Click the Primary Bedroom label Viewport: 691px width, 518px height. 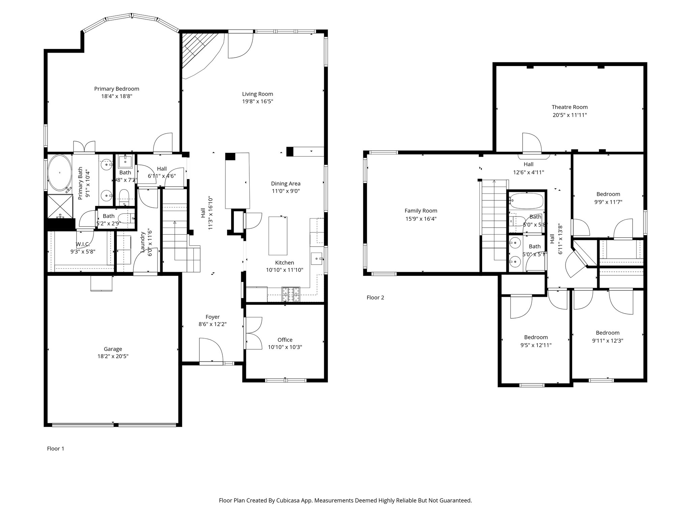click(116, 89)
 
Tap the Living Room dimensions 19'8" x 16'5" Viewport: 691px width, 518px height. click(257, 101)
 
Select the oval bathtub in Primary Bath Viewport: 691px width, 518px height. click(60, 173)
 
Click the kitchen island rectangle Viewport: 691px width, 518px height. click(278, 236)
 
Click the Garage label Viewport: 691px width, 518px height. click(113, 349)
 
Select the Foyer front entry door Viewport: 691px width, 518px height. click(211, 351)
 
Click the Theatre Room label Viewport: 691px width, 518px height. click(570, 107)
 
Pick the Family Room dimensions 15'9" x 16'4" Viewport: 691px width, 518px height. click(421, 219)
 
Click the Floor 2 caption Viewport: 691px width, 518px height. click(375, 297)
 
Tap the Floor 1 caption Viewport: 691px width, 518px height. click(55, 449)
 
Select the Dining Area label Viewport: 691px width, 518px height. click(285, 183)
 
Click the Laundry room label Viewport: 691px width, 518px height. click(143, 241)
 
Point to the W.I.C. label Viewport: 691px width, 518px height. click(82, 244)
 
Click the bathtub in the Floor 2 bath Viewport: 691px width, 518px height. click(526, 201)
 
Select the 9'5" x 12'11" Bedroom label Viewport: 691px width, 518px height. click(536, 337)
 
